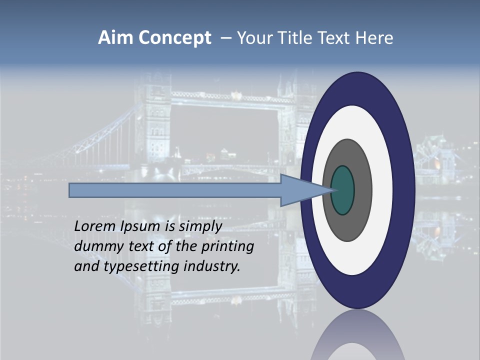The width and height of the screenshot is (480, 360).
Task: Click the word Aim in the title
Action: tap(116, 38)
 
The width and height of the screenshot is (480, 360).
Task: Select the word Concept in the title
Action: tap(174, 38)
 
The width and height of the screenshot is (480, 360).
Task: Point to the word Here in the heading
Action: tap(374, 38)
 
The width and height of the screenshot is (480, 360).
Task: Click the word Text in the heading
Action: tap(334, 38)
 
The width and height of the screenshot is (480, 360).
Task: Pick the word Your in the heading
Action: tap(254, 38)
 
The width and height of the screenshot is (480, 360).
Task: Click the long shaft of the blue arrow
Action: tap(175, 190)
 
